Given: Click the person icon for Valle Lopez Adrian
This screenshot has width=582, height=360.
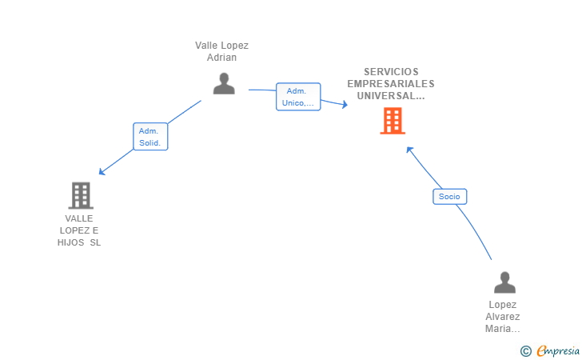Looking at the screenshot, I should (x=224, y=83).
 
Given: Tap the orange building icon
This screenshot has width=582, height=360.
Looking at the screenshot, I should (x=392, y=121).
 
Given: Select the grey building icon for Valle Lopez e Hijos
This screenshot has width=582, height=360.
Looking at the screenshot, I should (x=80, y=195).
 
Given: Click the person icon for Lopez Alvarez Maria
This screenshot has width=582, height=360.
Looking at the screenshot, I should (x=504, y=283).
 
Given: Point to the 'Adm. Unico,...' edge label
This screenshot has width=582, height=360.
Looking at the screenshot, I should (x=298, y=97).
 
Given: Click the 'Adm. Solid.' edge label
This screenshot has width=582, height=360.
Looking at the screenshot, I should (x=150, y=137).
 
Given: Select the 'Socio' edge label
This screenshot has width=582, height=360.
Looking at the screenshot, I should (x=449, y=196).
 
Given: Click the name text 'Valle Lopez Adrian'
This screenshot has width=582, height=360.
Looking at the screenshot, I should (x=222, y=51).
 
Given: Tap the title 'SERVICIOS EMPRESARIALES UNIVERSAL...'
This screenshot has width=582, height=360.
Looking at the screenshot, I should (x=391, y=83).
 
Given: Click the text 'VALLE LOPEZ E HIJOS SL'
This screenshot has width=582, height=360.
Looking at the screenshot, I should (x=80, y=230).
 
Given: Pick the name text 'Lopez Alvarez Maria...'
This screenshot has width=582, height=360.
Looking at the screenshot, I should (x=503, y=317).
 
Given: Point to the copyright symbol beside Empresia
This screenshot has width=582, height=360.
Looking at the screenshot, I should (x=525, y=351).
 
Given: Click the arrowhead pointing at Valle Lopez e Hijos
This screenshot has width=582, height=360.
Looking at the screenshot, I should (x=101, y=172).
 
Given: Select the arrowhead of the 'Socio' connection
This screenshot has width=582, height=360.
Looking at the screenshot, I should (x=409, y=149).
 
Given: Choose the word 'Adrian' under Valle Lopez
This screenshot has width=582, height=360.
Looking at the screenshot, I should (x=222, y=58).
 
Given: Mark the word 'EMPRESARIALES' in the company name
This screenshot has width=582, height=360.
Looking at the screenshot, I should (x=391, y=83).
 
